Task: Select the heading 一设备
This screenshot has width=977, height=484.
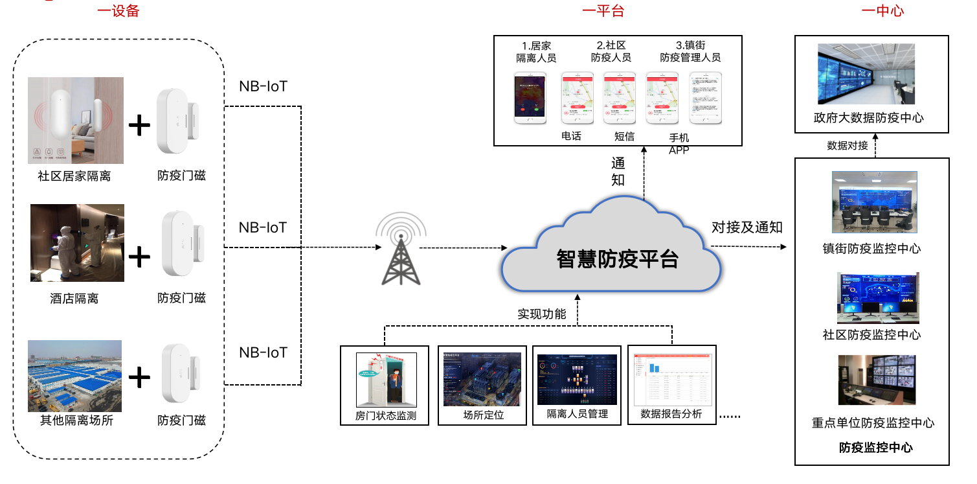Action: pos(118,11)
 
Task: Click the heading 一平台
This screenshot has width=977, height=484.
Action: pos(603,11)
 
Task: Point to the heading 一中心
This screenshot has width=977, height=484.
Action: pos(882,11)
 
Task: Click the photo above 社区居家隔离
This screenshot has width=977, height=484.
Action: pos(76,120)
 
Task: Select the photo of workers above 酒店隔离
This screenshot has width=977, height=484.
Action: pos(77,243)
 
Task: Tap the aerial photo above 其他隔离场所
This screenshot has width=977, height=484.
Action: pos(74,376)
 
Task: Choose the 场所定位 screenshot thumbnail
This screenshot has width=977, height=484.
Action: pos(482,379)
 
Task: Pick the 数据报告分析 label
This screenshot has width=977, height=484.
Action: pos(671,414)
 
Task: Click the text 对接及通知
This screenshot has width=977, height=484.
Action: pos(747,227)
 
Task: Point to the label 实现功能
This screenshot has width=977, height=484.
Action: pos(542,314)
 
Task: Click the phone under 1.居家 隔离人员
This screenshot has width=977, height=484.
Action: pos(529,98)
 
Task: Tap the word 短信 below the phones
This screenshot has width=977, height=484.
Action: pos(624,136)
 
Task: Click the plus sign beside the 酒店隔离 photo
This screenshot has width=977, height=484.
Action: pos(140,257)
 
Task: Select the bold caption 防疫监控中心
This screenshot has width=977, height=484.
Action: pos(876,447)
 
